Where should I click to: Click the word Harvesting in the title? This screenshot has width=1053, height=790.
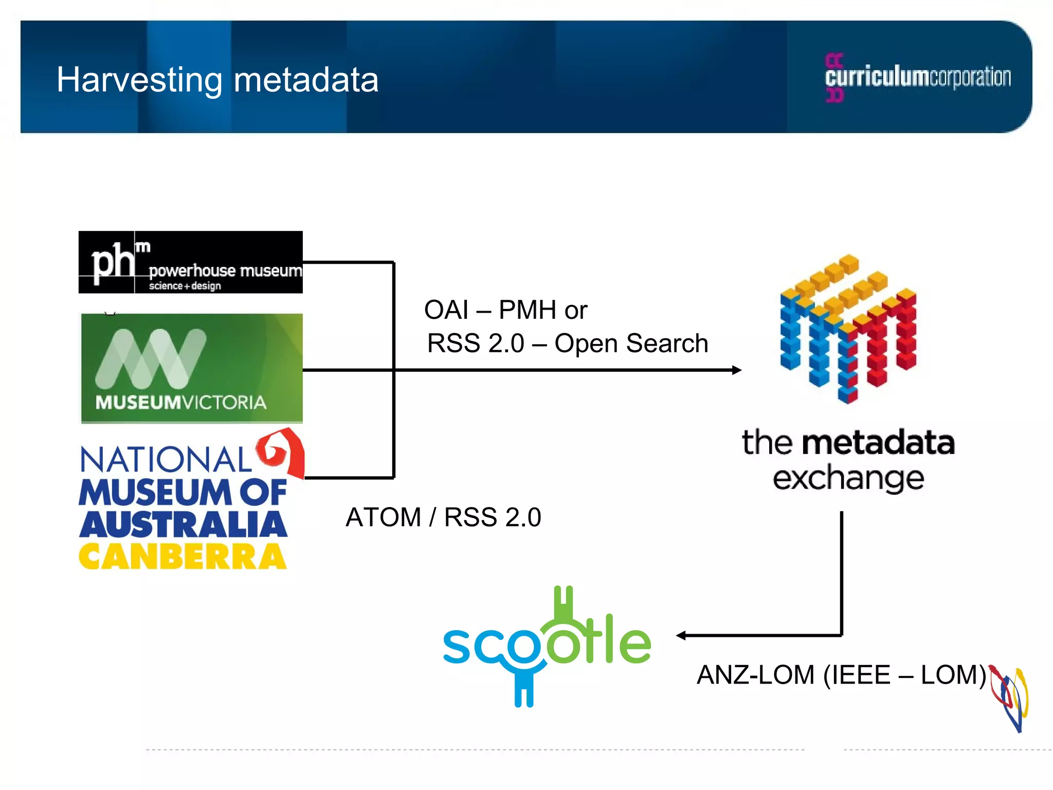[139, 81]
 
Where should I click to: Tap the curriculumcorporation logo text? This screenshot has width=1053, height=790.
[918, 77]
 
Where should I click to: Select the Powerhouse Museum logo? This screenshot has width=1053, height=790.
[190, 262]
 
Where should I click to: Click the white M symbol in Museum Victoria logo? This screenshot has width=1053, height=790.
[151, 358]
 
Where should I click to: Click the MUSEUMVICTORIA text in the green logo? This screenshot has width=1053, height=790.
[181, 402]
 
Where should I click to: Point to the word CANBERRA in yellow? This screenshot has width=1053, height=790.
[183, 556]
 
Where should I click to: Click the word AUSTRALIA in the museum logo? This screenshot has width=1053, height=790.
[183, 525]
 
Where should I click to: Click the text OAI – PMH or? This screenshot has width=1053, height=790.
[505, 310]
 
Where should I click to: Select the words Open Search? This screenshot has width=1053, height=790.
[631, 344]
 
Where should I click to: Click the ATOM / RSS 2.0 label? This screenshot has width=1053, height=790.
[443, 517]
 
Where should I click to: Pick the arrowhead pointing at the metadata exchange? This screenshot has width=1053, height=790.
[736, 370]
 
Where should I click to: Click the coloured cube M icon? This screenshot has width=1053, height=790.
[848, 329]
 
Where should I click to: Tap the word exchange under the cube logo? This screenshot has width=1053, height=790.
[848, 478]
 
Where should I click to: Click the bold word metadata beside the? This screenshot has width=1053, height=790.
[878, 443]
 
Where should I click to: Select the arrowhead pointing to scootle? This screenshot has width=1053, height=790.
[681, 636]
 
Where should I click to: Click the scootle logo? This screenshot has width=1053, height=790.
[547, 645]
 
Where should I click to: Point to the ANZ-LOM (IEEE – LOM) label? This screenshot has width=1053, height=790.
[841, 675]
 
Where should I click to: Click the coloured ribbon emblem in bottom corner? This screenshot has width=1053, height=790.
[1010, 697]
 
